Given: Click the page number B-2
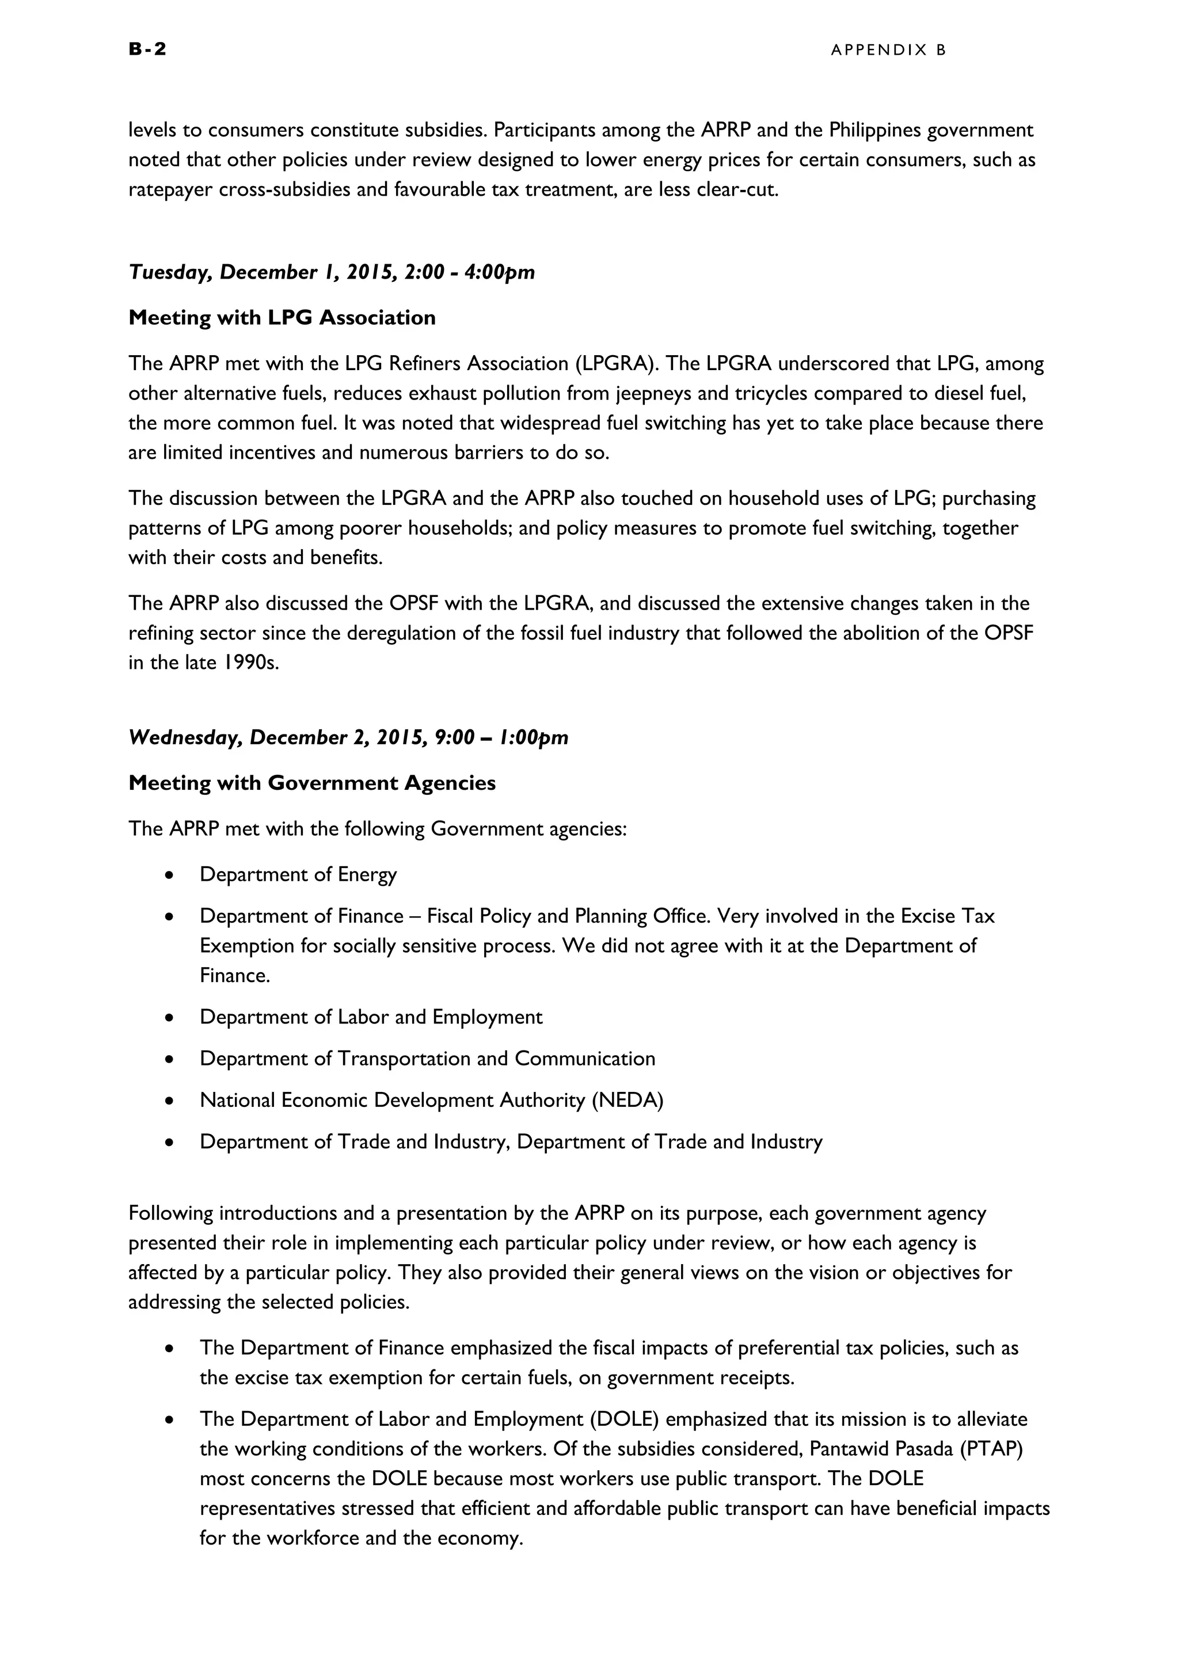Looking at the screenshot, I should pyautogui.click(x=147, y=49).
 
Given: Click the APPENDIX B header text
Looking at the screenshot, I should pyautogui.click(x=889, y=50).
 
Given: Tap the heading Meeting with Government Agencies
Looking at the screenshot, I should pyautogui.click(x=311, y=783).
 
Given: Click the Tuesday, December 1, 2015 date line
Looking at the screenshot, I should pyautogui.click(x=332, y=272).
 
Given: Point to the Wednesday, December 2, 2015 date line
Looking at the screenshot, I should pyautogui.click(x=348, y=738).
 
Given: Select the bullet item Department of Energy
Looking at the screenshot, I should pyautogui.click(x=298, y=874).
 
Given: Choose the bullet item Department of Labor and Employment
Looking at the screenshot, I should pyautogui.click(x=371, y=1017).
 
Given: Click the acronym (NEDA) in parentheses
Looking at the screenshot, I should pyautogui.click(x=627, y=1100).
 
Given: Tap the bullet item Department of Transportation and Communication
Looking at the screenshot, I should pyautogui.click(x=428, y=1059).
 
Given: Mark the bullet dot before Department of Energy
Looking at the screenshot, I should pyautogui.click(x=169, y=876).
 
